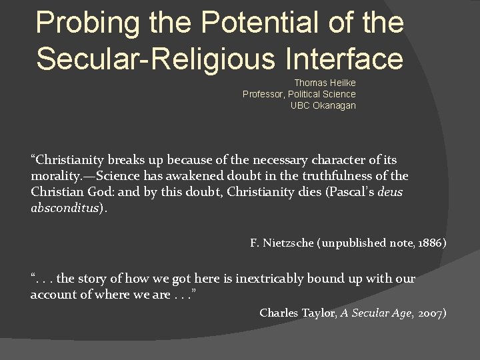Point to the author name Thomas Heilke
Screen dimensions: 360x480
(x=325, y=83)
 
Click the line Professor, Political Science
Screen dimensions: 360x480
(x=299, y=94)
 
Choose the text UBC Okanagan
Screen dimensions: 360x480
(x=323, y=105)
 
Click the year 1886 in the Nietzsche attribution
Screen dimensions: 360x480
(x=433, y=243)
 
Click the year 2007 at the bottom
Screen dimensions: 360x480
(x=432, y=313)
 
